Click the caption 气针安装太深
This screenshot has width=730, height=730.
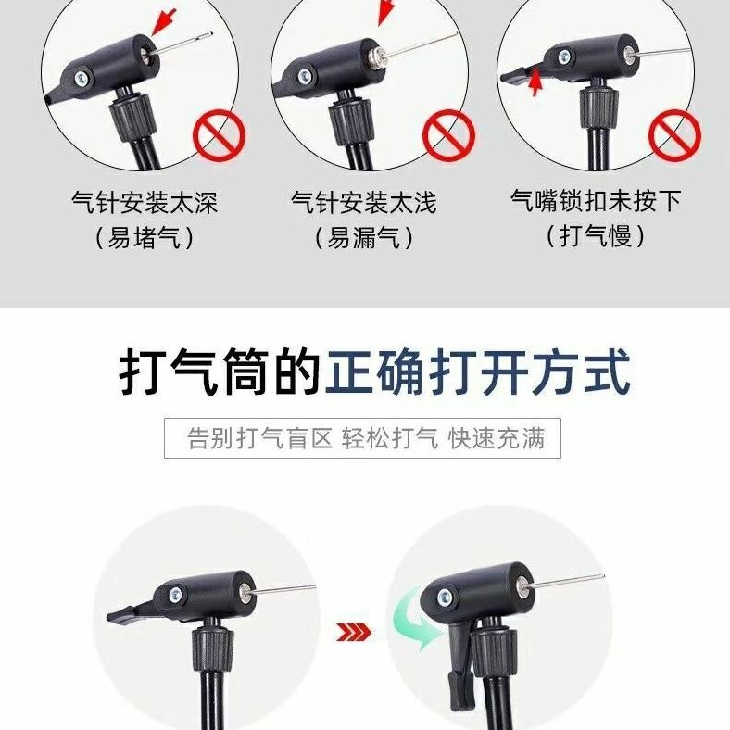(145, 202)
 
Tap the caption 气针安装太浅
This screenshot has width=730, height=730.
(363, 202)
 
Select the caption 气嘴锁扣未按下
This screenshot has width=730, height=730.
(596, 201)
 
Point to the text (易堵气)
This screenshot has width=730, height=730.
(145, 238)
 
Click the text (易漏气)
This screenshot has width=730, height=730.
(363, 238)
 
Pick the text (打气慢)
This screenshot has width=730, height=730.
(596, 236)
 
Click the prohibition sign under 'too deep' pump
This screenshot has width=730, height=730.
(219, 136)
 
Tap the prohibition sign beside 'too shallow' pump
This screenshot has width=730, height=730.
(448, 135)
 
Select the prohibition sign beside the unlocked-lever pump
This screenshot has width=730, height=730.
(674, 135)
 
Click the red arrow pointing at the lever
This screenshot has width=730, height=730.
(535, 82)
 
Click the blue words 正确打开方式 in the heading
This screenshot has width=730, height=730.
(478, 372)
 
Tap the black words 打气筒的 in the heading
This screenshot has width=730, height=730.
(220, 372)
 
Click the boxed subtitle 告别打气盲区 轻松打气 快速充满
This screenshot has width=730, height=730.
(366, 438)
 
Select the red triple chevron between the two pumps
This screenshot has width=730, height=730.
(354, 632)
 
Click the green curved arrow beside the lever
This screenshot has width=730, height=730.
(417, 623)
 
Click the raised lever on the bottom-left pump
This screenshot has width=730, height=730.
(131, 613)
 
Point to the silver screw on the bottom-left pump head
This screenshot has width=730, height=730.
(175, 595)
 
